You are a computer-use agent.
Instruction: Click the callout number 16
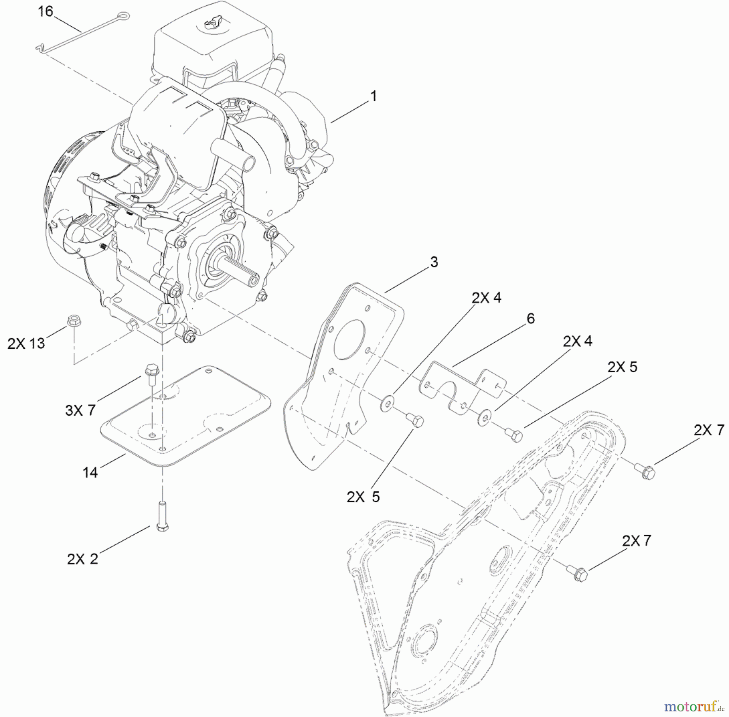point(45,12)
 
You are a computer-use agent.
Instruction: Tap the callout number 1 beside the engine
point(373,96)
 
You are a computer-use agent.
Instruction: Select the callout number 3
point(434,262)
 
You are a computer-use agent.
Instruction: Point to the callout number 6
point(531,318)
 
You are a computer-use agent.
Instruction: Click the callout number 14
point(90,472)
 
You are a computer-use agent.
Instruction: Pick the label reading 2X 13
point(26,344)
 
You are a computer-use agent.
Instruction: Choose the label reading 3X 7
point(80,410)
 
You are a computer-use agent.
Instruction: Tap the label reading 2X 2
point(83,559)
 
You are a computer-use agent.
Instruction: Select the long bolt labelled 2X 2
point(162,514)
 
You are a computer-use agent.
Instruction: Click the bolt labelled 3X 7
point(151,373)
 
